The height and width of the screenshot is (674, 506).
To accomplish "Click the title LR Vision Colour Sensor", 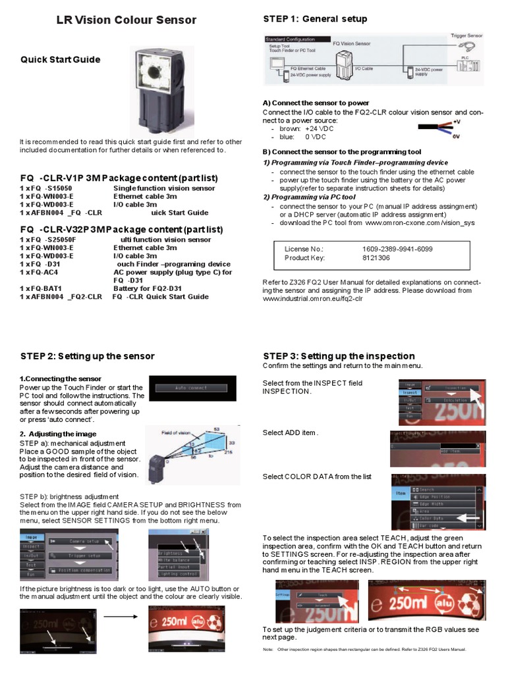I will pos(126,20).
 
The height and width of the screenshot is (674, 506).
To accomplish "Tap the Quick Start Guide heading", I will pos(60,59).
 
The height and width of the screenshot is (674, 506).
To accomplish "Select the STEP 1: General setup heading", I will pos(315,18).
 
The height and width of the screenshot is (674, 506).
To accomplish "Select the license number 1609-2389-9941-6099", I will pos(397,249).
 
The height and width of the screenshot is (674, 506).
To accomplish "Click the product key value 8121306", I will pos(376,258).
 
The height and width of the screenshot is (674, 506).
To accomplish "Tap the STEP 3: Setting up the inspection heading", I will pos(339,356).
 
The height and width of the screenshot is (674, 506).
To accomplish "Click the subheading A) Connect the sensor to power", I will pos(316,103).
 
